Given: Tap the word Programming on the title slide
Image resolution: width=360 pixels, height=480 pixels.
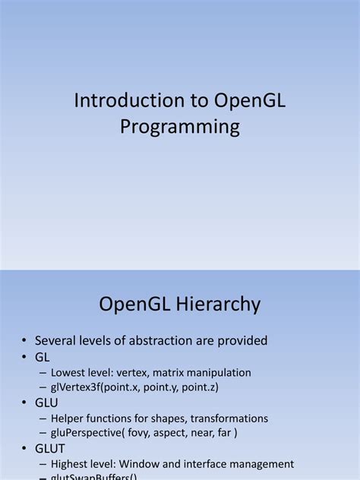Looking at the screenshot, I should coord(180,127).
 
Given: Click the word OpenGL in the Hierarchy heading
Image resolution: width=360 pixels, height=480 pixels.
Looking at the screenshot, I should coord(131,305).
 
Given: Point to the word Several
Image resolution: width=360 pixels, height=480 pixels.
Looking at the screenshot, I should coord(58,341).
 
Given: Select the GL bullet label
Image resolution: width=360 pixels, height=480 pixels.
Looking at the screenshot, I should coord(43,356).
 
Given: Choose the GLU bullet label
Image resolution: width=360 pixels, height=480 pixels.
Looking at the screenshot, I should coord(46,403).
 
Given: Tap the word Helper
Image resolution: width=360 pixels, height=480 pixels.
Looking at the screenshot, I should coord(68,418).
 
